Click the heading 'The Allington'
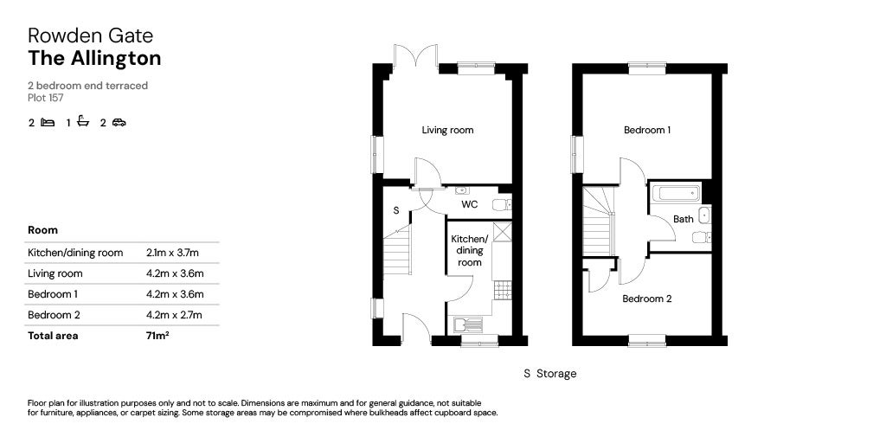[94, 59]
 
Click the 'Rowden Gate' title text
[90, 35]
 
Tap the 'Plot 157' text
[45, 98]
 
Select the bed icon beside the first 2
[48, 123]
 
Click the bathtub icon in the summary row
[83, 122]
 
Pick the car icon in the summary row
[119, 123]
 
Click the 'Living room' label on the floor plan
[447, 131]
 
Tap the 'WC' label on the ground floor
[469, 205]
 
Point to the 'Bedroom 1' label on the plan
[647, 131]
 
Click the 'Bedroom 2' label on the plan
[647, 299]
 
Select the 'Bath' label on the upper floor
[684, 220]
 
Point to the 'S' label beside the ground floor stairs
[396, 210]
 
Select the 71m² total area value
[157, 336]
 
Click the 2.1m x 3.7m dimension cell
[173, 253]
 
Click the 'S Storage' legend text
[549, 374]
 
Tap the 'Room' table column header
[43, 231]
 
